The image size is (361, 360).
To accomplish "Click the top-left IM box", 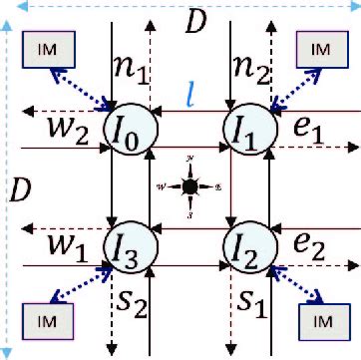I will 45,50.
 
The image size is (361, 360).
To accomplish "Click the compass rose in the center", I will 189,185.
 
